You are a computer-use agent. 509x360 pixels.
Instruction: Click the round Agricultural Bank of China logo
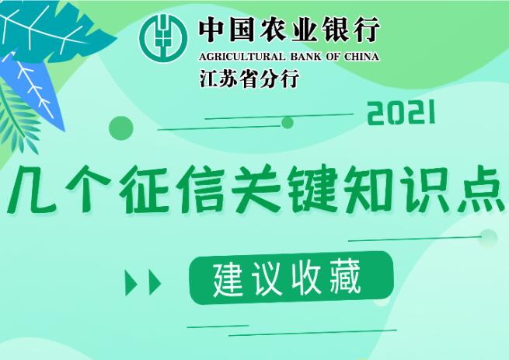click(163, 38)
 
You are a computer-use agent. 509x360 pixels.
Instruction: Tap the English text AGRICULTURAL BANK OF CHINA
click(289, 57)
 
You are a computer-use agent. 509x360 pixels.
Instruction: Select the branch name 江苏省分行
click(249, 79)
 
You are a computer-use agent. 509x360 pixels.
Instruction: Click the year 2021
click(401, 113)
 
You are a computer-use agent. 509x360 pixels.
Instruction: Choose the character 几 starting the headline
click(32, 190)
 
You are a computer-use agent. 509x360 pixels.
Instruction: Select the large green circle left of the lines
click(120, 128)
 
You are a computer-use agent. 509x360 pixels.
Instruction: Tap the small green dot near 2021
click(288, 123)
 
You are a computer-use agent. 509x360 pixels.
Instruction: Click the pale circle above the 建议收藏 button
click(488, 237)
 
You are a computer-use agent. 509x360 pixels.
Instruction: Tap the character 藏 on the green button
click(346, 278)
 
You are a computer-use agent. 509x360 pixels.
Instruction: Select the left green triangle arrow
click(131, 282)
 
